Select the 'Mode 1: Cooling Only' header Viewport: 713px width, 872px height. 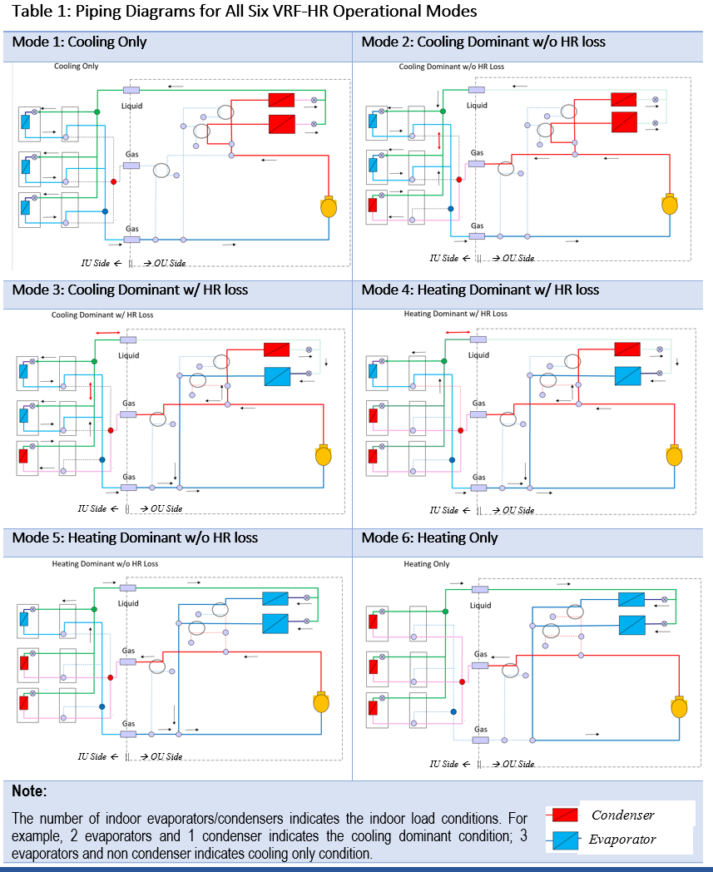coord(79,42)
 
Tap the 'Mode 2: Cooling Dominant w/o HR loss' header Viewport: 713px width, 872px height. coord(483,42)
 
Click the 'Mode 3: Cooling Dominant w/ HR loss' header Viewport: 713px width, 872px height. coord(130,290)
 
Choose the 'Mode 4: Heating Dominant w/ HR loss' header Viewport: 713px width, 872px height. coord(480,290)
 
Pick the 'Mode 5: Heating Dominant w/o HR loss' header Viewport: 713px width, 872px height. coord(135,538)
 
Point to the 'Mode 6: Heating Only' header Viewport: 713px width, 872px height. coord(429,538)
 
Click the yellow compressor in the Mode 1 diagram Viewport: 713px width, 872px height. coord(328,206)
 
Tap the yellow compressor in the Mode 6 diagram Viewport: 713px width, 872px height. coord(680,707)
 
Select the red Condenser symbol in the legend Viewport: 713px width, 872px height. coord(565,815)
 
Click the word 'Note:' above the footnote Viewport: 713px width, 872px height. coord(29,790)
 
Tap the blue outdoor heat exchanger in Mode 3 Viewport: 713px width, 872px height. coord(277,376)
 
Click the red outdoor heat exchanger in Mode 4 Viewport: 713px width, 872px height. coord(627,349)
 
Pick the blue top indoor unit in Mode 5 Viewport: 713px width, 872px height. coord(24,619)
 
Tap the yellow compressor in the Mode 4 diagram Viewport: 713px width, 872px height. coord(675,456)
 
